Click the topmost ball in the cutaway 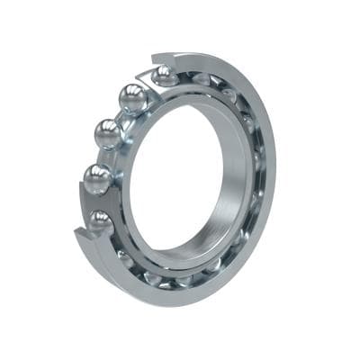tap(165, 76)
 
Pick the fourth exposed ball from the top tap(98, 177)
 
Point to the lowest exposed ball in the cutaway tap(100, 220)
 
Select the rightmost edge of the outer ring tap(274, 162)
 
